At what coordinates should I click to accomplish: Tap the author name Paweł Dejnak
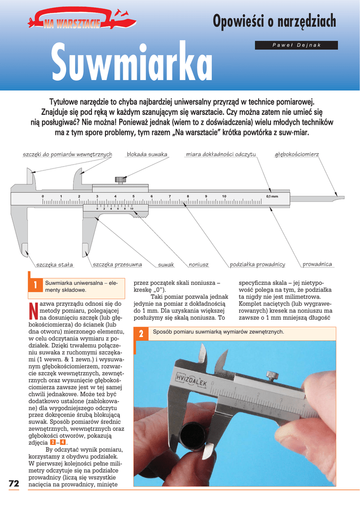tap(296, 45)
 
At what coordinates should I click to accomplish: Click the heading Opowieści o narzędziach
tap(274, 22)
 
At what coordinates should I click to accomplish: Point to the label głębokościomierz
tap(297, 155)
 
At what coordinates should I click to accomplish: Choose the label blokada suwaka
tap(147, 155)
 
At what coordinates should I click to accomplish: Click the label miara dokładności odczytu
tap(221, 155)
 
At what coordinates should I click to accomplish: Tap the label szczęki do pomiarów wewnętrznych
tap(68, 155)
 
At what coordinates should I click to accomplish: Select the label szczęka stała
tap(55, 265)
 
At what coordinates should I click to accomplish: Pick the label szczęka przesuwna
tap(117, 265)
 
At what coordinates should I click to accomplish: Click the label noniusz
tap(198, 265)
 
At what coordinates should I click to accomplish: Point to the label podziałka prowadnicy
tap(258, 264)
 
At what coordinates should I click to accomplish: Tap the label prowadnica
tap(317, 264)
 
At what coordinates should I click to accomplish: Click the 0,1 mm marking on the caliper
tap(272, 196)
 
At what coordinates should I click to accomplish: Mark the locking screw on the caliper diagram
tap(121, 179)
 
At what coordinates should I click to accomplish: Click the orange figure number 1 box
tap(35, 285)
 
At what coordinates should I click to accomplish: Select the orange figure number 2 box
tap(141, 334)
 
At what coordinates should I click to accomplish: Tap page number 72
tap(13, 484)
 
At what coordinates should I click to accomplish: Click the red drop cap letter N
tap(33, 310)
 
